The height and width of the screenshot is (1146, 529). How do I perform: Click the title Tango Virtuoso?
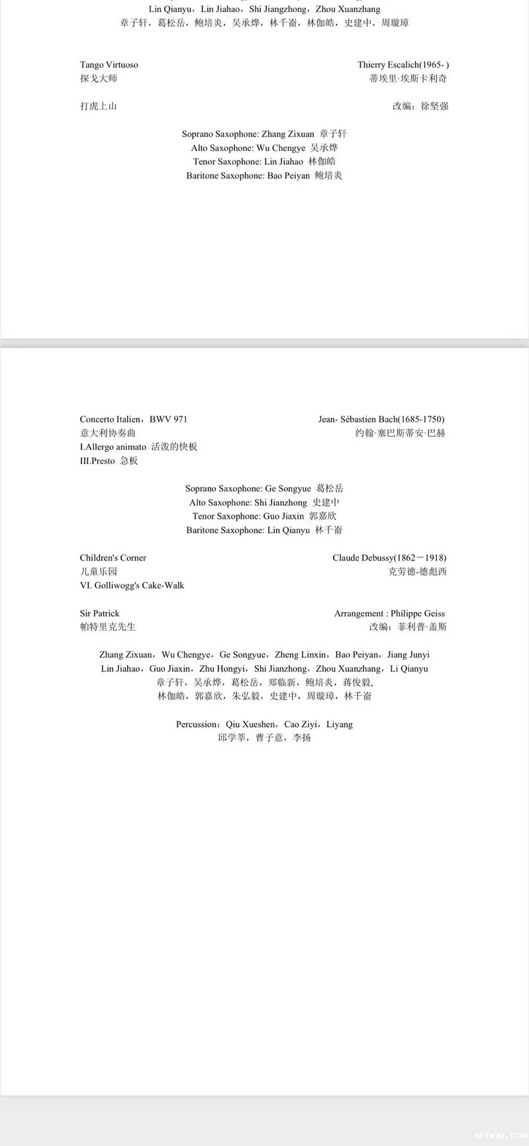coord(109,65)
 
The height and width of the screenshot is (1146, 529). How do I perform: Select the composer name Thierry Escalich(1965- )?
coord(403,65)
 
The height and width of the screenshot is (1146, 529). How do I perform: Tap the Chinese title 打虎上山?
coord(99,106)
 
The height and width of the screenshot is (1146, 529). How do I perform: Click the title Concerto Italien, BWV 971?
coord(134,419)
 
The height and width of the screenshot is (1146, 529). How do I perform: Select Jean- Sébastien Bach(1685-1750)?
coord(381,419)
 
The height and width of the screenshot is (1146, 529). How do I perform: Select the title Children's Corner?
coord(113,558)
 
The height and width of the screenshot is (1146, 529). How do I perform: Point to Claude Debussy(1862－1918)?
coord(389,558)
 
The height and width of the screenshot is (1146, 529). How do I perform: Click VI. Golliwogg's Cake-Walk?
coord(132,585)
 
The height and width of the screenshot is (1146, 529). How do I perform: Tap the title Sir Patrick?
coord(100,614)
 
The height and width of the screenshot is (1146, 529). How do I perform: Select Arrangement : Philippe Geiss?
coord(389,614)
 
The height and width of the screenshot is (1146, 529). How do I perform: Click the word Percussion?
coord(197,724)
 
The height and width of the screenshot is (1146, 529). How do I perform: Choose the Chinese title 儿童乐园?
coord(99,571)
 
